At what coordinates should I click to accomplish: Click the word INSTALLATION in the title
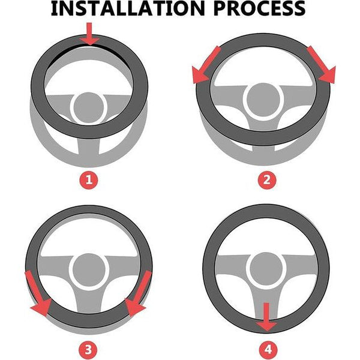click(128, 8)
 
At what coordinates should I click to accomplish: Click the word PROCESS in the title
click(259, 8)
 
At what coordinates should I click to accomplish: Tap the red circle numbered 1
click(89, 180)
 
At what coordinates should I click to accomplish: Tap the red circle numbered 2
click(266, 180)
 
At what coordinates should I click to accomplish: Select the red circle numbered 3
click(88, 350)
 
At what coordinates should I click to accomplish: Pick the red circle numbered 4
click(268, 350)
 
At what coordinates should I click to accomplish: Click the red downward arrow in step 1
click(89, 34)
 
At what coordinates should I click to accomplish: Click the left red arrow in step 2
click(205, 65)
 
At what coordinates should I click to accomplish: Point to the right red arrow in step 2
click(322, 65)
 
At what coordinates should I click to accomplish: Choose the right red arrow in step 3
click(138, 294)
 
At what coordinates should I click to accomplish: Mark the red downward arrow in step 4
click(266, 317)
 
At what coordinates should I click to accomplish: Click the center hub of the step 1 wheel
click(88, 108)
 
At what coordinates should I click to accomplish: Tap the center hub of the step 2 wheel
click(263, 99)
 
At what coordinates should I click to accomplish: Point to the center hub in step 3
click(89, 271)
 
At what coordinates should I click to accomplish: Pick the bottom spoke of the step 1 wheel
click(89, 146)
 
